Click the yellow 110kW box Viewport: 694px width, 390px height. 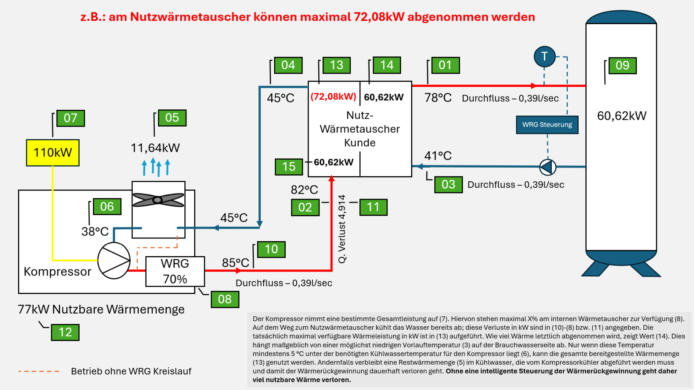coord(53,153)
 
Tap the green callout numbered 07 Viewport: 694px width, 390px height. coord(70,118)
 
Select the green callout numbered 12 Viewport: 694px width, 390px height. coord(65,332)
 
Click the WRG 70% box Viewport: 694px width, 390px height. coord(175,271)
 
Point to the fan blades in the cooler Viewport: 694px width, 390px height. coord(158,199)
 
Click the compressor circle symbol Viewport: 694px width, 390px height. coord(114,261)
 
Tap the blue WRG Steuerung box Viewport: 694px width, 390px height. coord(547,125)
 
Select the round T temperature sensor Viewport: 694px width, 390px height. coord(544,57)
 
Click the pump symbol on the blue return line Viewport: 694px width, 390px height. coord(547,167)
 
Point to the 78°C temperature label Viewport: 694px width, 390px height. coord(438,98)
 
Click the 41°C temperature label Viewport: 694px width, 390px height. coord(438,156)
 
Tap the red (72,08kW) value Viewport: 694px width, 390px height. coord(334,96)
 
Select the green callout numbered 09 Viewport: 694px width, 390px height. coord(622,66)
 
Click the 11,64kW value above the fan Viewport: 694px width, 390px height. coord(155,148)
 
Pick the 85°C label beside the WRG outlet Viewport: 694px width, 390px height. coord(235,263)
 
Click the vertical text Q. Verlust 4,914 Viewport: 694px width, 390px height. coord(342,229)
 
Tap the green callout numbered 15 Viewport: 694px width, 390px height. coord(289,167)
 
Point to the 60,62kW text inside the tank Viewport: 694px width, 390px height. coord(622,116)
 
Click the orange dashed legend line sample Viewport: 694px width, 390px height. coord(39,371)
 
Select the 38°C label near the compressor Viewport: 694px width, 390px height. coord(95,232)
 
